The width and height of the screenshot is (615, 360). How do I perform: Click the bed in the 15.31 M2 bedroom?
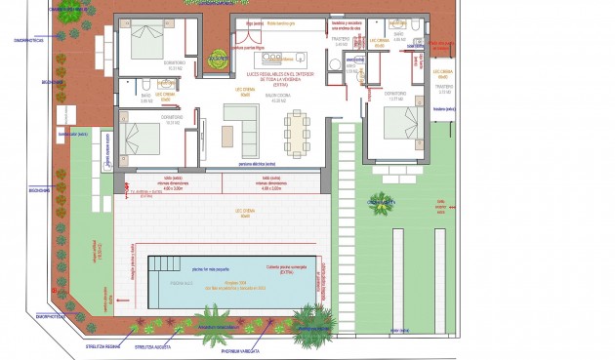[145, 40]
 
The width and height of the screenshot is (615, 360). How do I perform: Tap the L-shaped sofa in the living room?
[238, 125]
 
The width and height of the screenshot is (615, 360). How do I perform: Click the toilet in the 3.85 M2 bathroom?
[144, 84]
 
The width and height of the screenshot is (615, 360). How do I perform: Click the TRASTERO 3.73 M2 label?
[444, 89]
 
